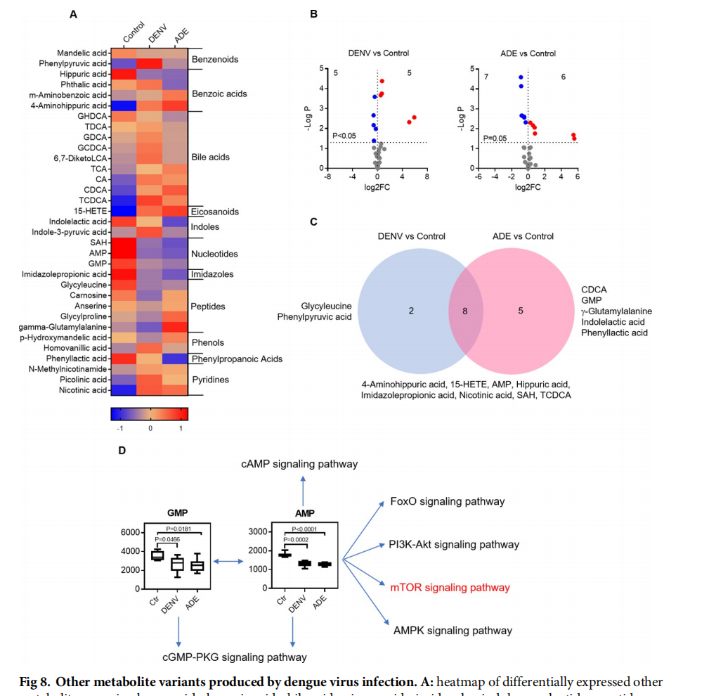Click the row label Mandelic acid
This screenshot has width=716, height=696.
tap(83, 53)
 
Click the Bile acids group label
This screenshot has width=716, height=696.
tap(210, 157)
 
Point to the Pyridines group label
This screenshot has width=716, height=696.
tap(209, 380)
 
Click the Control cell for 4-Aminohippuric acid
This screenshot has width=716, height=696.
tap(124, 105)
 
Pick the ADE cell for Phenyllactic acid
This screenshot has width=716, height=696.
tap(176, 359)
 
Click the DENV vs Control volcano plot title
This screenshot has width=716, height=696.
tap(379, 53)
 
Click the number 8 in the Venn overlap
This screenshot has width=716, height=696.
tap(464, 309)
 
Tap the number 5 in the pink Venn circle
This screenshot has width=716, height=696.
tap(521, 309)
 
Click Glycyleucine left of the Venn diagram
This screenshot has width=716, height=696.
tap(326, 307)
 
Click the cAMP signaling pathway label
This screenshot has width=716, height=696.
tap(299, 464)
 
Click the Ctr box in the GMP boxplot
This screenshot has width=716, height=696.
tap(157, 555)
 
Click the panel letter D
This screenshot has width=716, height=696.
tap(122, 450)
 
